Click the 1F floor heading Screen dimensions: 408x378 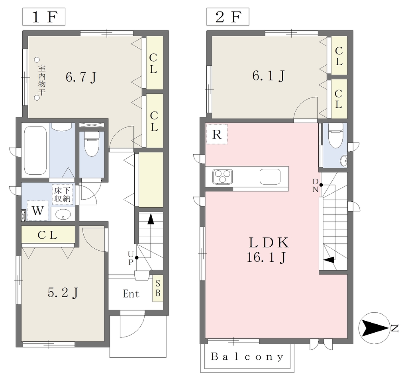coord(44,17)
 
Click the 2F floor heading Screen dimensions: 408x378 coord(228,17)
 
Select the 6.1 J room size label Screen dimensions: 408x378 coord(268,76)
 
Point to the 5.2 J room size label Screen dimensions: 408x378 coord(63,293)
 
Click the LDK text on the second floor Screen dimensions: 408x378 coord(269,243)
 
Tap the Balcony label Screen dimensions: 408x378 coord(247,357)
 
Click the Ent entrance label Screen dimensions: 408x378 coord(131,294)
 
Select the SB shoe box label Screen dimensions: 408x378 coord(158,288)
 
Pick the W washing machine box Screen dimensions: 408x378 coord(38,211)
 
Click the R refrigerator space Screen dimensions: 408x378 coord(217,134)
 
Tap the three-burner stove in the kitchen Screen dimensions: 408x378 coord(222,176)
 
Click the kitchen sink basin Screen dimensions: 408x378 coord(270,177)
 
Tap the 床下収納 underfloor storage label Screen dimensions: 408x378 coord(63,194)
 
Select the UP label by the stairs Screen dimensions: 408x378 coord(131,258)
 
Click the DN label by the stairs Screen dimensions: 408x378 coord(316,185)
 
